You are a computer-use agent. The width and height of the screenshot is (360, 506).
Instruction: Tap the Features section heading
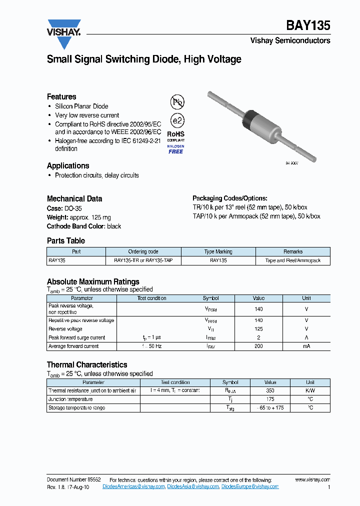point(61,96)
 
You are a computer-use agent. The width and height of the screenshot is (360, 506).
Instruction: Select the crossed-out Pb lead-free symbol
point(177,102)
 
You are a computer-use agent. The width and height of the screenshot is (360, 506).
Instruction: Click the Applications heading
point(68,165)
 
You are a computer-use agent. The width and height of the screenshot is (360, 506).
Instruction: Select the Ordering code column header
point(143,251)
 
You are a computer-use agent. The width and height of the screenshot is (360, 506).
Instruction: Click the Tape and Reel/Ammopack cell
point(293,260)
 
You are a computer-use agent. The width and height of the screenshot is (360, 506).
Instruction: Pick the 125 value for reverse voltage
point(258,329)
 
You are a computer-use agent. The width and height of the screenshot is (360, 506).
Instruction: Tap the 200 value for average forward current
point(258,346)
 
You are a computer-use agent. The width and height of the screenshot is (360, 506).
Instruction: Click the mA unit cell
point(306,346)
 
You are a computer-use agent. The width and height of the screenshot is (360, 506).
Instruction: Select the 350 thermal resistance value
point(270,390)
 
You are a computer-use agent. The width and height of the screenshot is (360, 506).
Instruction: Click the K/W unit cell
point(310,390)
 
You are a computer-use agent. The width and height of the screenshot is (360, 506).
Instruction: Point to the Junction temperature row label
point(70,399)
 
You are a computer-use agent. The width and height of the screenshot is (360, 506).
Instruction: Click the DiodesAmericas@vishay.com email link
point(133,486)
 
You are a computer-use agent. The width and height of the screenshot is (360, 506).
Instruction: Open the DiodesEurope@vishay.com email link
point(250,486)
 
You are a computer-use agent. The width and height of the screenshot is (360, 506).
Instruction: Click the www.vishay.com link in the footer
point(312,479)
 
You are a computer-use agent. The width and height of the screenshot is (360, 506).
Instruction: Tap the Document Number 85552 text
point(73,479)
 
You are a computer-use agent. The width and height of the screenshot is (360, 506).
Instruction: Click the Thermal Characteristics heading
point(87,364)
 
